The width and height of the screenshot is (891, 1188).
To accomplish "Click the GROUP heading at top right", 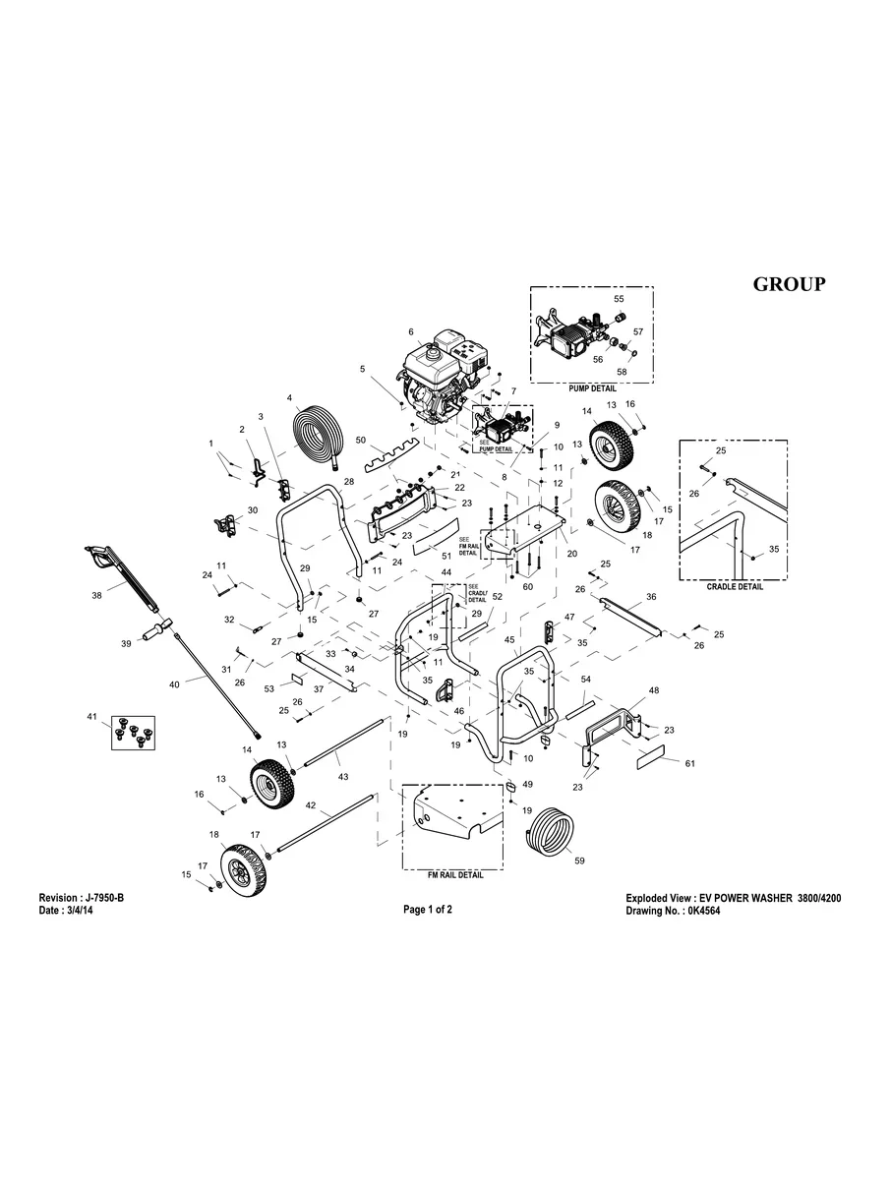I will click(789, 284).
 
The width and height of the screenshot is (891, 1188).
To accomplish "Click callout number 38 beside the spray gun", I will click(96, 595).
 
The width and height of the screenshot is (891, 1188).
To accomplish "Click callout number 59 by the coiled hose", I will click(579, 861).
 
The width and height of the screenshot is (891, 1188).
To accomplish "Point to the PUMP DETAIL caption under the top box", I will click(592, 388).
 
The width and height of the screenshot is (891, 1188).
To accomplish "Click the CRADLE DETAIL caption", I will click(735, 586).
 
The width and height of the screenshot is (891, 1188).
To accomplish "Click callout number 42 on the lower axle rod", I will click(310, 804).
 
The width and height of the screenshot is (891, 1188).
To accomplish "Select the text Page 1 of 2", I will click(428, 910).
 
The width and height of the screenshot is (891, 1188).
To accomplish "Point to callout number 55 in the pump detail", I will click(619, 298).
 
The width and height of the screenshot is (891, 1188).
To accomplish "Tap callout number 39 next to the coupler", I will click(125, 643).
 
